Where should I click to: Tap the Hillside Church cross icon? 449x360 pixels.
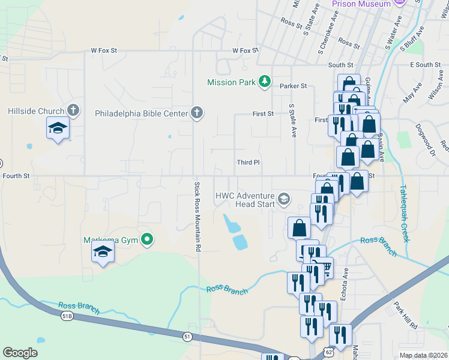click(x=73, y=110)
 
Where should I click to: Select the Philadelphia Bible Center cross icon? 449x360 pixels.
click(x=196, y=112)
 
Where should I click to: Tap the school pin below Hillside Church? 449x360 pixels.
click(x=58, y=128)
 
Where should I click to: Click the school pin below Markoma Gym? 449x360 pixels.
click(x=103, y=252)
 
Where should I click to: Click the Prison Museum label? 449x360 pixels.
click(x=361, y=4)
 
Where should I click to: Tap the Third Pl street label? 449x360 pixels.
click(x=248, y=162)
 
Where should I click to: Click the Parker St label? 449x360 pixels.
click(x=294, y=86)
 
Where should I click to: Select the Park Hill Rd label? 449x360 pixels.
click(x=406, y=315)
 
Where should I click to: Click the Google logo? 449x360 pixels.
click(x=20, y=353)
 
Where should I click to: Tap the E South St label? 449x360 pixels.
click(x=425, y=65)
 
